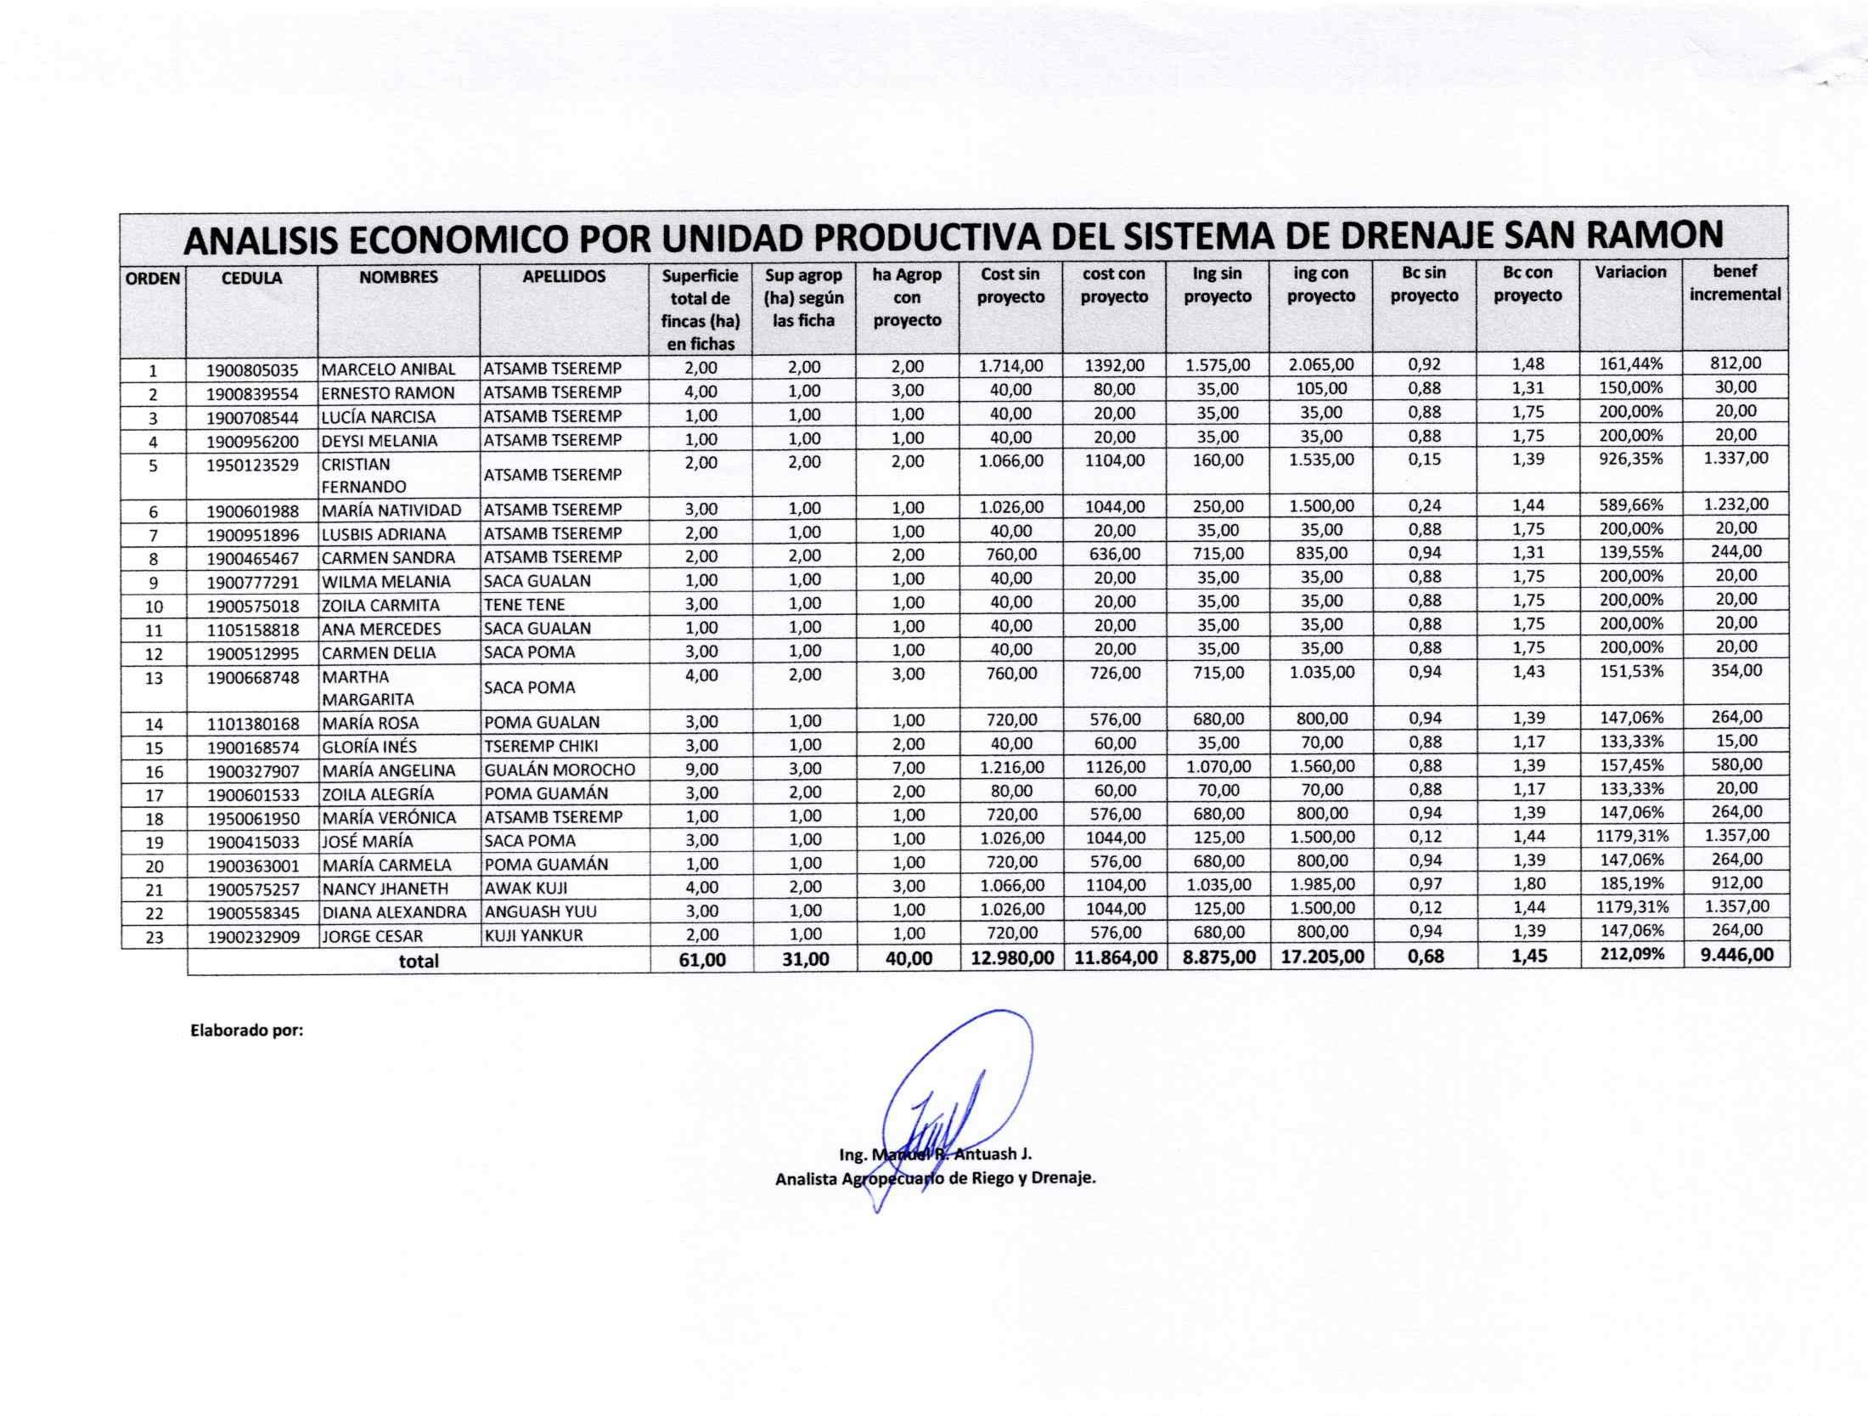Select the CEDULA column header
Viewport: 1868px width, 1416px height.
point(251,278)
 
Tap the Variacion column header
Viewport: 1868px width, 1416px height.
point(1630,272)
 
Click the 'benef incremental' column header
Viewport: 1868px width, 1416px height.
point(1735,283)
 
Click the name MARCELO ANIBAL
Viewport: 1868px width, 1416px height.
point(388,370)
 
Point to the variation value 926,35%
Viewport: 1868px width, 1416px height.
point(1631,460)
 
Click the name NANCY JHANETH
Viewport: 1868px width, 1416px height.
point(385,889)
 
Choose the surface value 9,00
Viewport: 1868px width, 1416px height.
point(700,769)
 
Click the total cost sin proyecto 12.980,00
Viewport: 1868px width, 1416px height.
point(1010,957)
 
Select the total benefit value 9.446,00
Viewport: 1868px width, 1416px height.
point(1736,954)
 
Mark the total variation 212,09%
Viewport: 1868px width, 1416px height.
point(1631,954)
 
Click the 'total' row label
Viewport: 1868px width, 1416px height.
point(419,962)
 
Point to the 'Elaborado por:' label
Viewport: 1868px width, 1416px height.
point(246,1031)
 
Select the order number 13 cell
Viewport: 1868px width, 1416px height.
point(153,678)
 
